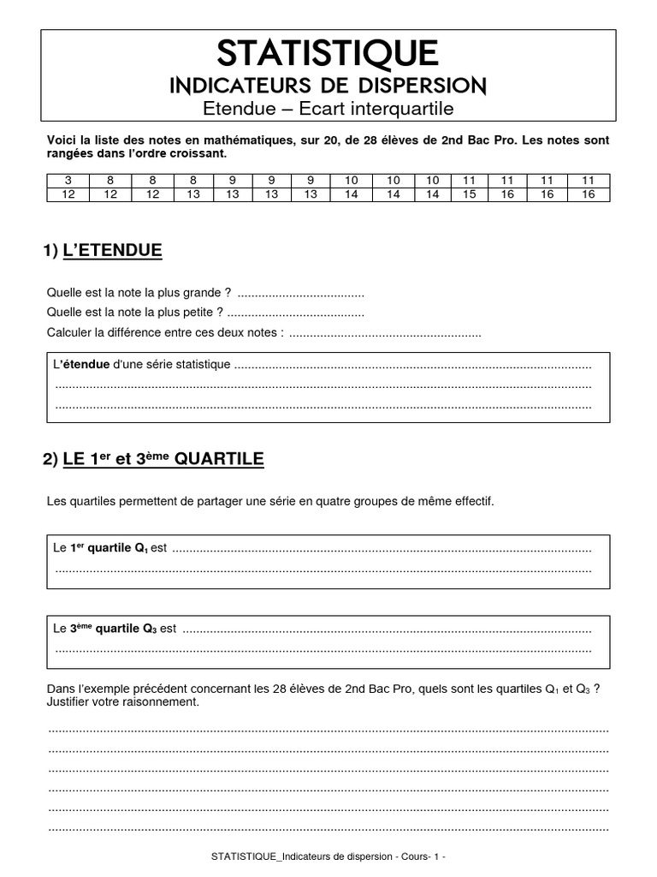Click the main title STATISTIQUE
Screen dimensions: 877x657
point(328,54)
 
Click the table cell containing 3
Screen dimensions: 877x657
point(68,180)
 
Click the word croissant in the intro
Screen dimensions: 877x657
point(198,154)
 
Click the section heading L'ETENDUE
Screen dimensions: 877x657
point(112,251)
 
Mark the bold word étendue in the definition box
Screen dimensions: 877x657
point(86,364)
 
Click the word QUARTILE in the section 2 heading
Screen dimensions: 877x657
point(219,460)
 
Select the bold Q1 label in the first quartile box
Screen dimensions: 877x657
point(141,547)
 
